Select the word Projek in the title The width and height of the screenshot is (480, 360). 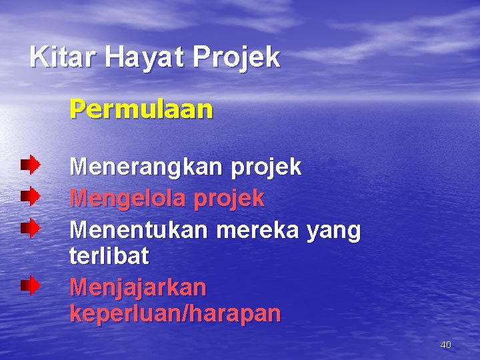click(x=237, y=59)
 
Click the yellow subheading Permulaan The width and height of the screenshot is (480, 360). click(x=141, y=109)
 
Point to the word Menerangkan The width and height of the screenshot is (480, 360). click(x=147, y=167)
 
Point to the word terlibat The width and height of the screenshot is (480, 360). click(x=109, y=255)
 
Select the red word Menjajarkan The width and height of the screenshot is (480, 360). click(x=138, y=287)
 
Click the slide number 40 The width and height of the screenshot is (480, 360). click(x=445, y=345)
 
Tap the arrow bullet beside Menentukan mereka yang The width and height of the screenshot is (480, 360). click(x=29, y=228)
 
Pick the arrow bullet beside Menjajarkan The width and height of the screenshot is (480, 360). click(x=29, y=286)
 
